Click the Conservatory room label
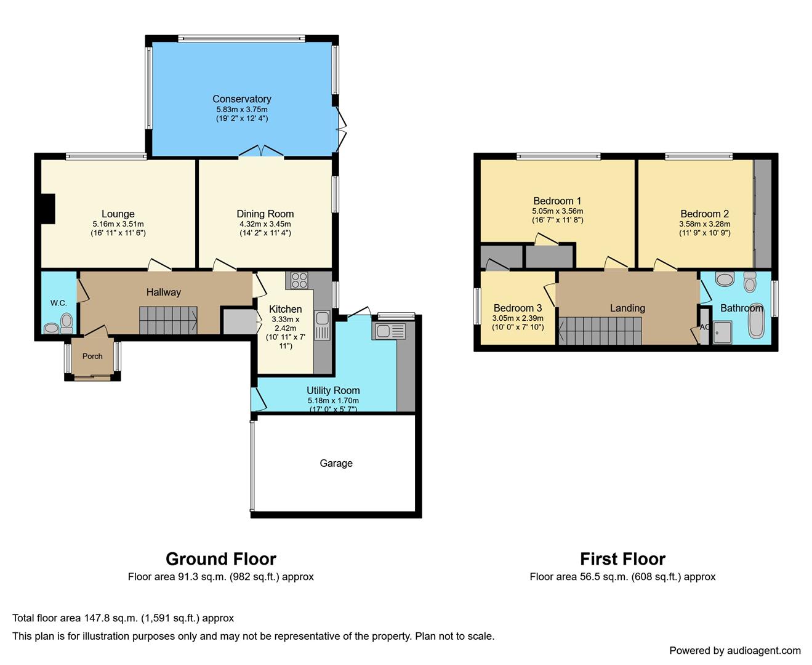pos(242,99)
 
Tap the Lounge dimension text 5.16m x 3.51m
pos(118,224)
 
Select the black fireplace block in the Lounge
pos(48,209)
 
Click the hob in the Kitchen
pos(299,280)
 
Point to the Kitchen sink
pos(322,325)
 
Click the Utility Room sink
pos(388,331)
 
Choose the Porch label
pos(92,356)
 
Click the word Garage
pos(336,463)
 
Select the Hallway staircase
pos(168,320)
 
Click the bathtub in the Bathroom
pos(756,322)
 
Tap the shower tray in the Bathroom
pos(722,332)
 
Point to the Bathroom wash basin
pos(725,279)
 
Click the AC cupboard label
pos(704,327)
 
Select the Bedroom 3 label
pos(518,308)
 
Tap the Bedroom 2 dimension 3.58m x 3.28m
pos(705,224)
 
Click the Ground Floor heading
pos(221,559)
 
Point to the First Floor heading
pos(622,559)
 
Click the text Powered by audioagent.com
pos(735,650)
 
